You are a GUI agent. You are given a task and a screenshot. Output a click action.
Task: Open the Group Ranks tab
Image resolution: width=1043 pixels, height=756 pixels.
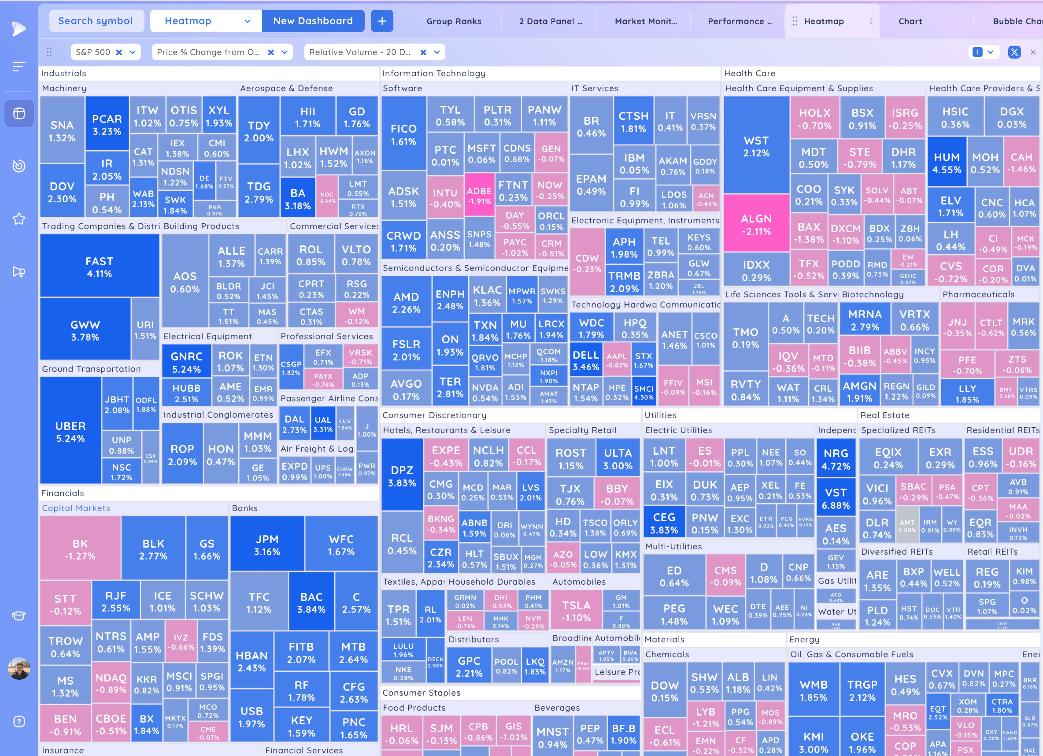pos(453,21)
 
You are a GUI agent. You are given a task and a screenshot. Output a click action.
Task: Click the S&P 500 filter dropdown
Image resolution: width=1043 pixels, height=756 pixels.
pos(105,52)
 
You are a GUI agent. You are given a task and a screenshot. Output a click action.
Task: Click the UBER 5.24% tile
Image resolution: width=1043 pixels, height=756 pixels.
pos(70,431)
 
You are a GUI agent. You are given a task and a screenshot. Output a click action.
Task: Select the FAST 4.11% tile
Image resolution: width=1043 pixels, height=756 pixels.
pos(99,267)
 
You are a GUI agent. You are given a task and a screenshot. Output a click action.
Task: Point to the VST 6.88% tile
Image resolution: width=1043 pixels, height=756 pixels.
pos(836,498)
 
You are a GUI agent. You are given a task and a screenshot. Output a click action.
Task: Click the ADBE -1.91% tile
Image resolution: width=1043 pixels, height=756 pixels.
pos(479,195)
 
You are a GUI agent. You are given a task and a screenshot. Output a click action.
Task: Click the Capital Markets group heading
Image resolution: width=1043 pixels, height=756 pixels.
pos(76,508)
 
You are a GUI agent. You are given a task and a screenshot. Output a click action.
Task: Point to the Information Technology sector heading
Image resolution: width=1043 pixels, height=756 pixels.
pos(434,73)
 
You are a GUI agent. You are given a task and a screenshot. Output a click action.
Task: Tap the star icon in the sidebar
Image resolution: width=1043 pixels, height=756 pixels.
pos(19,219)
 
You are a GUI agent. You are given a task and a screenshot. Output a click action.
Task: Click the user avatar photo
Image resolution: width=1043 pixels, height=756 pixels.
pos(19,669)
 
